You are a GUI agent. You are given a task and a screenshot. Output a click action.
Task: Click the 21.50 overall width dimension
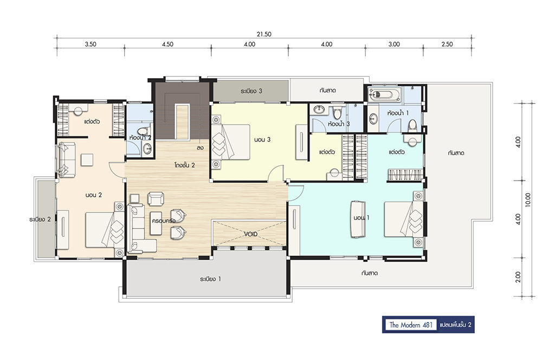point(264,34)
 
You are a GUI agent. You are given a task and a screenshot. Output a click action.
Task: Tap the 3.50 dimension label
point(91,44)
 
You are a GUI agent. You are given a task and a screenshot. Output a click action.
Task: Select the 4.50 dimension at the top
point(167,44)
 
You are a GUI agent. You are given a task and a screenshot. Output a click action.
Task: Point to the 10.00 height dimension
point(528,200)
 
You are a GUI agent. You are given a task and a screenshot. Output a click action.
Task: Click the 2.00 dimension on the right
point(518,277)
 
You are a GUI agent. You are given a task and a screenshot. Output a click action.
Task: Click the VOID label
point(250,234)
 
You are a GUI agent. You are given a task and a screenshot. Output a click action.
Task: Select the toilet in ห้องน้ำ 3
point(337,113)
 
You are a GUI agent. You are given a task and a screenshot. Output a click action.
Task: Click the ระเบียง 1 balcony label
point(210,279)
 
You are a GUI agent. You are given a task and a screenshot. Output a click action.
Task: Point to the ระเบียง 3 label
point(251,91)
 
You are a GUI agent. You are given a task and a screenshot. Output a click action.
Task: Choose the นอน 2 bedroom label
point(94,195)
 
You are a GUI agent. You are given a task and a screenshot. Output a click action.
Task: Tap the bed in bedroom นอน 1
point(404,218)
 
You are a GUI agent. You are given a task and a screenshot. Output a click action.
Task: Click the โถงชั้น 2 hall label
point(184,165)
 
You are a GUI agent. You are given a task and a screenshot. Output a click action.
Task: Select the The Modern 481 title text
point(411,325)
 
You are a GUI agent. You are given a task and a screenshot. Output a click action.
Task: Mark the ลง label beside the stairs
point(200,147)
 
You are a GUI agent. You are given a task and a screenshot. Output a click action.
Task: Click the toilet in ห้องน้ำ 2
point(144,131)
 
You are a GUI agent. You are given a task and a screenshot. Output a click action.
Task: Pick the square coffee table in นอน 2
point(87,160)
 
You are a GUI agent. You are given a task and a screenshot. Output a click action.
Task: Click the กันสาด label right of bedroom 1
point(456,153)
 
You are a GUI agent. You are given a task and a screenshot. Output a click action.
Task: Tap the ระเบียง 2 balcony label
point(40,219)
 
